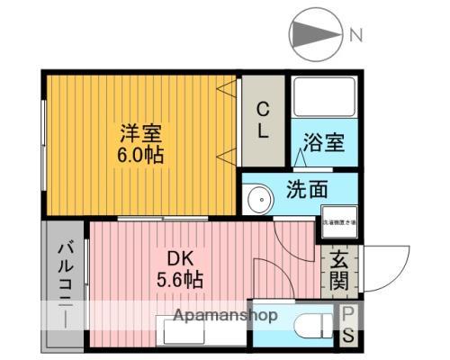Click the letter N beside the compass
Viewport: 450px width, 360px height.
(355, 36)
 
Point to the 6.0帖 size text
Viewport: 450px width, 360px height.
(142, 154)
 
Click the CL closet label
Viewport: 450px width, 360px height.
(263, 121)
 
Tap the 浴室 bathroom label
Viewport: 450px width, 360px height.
(324, 143)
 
